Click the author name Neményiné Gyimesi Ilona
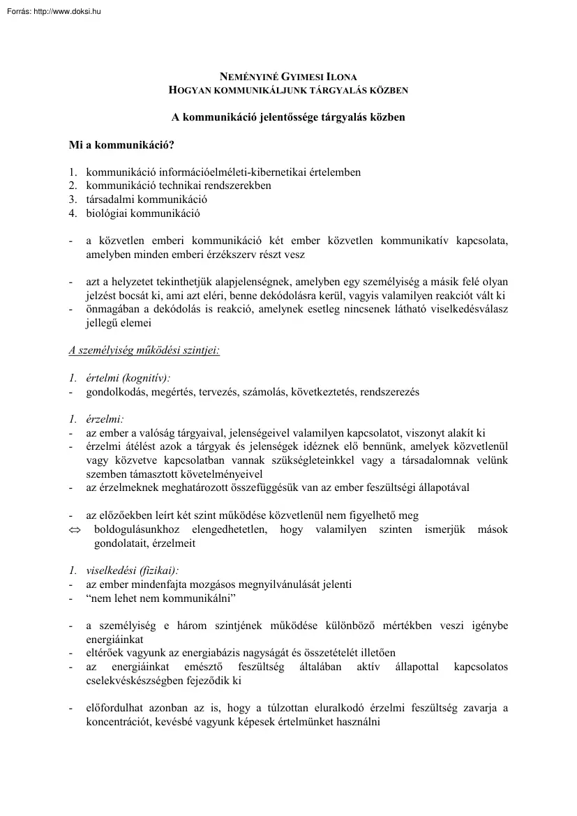288,78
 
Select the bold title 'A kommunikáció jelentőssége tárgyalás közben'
288,117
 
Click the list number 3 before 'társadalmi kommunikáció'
72,199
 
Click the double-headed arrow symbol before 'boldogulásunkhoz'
75,529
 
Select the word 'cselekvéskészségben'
135,680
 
